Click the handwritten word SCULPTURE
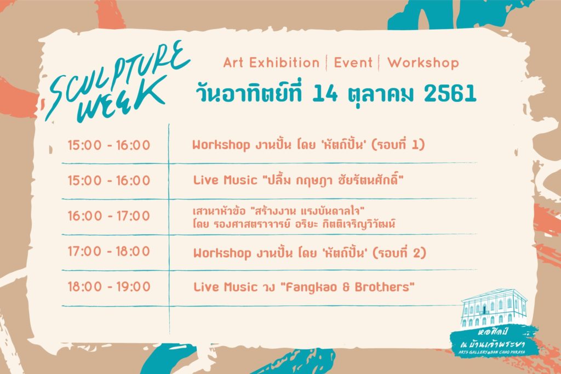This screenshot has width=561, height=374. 118,80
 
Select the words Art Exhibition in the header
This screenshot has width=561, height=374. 271,63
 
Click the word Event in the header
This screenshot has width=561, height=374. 353,63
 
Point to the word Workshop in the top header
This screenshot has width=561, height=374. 423,63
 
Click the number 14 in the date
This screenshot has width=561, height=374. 325,93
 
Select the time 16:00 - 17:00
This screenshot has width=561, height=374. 109,216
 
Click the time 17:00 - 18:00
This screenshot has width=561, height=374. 109,252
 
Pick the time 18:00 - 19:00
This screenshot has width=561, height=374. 109,287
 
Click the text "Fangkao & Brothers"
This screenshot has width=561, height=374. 347,287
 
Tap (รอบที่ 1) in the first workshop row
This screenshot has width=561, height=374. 398,144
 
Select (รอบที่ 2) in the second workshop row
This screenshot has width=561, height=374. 399,253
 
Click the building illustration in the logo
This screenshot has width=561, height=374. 494,308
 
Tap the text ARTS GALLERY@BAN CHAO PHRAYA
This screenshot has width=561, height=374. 492,353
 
